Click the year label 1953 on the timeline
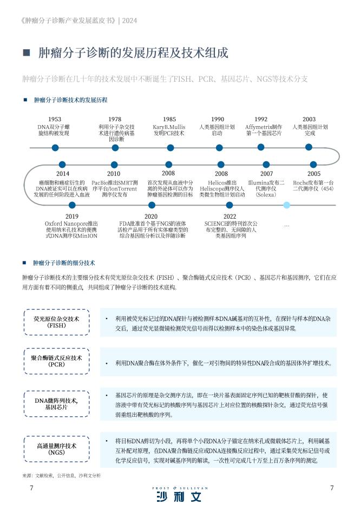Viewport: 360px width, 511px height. tap(55, 119)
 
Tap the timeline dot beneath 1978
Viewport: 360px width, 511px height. tap(115, 148)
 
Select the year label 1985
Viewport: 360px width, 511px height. tap(169, 119)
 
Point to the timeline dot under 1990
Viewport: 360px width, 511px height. tap(219, 148)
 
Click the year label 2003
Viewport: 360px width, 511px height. tap(309, 119)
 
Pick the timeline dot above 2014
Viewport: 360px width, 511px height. tap(62, 165)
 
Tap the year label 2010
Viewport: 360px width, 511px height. tap(114, 174)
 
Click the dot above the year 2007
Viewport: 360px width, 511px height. tap(266, 165)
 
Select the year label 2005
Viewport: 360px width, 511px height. tap(314, 174)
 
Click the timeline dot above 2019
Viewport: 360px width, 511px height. tap(73, 205)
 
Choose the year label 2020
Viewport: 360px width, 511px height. tap(151, 217)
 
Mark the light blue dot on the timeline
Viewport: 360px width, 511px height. tap(287, 205)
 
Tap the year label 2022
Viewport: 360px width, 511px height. tap(230, 217)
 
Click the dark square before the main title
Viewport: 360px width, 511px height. tap(27, 53)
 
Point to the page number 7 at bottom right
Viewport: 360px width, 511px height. tap(332, 488)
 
